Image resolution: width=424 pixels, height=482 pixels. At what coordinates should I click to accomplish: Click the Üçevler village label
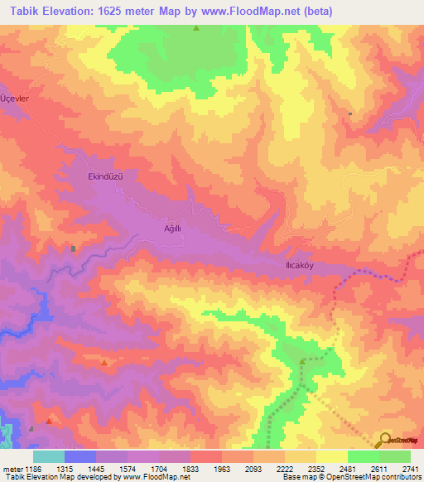point(15,99)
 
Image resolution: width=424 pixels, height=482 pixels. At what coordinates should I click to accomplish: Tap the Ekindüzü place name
point(105,176)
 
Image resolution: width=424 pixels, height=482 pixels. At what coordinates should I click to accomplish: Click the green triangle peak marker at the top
point(196,28)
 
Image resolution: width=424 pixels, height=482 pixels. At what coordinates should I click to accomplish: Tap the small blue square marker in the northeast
point(350,114)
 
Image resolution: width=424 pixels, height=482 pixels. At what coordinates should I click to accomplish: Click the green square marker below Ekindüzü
point(74,248)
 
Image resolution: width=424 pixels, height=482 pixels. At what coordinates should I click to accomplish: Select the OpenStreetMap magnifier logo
point(384,441)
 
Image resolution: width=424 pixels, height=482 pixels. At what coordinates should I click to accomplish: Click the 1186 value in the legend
point(33,468)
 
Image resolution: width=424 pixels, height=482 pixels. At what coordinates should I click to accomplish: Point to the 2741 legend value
point(411,468)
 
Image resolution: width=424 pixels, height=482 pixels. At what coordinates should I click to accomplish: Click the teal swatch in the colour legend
point(49,456)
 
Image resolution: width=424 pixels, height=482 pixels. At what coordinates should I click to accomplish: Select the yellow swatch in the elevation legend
point(331,456)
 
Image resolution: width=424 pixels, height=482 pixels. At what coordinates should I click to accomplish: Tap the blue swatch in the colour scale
point(80,456)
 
